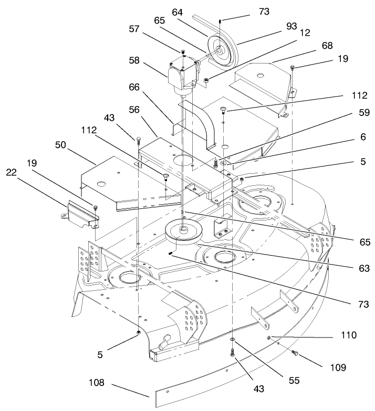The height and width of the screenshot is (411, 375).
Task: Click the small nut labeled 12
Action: (207, 80)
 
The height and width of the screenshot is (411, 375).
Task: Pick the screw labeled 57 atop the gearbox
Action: (183, 52)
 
